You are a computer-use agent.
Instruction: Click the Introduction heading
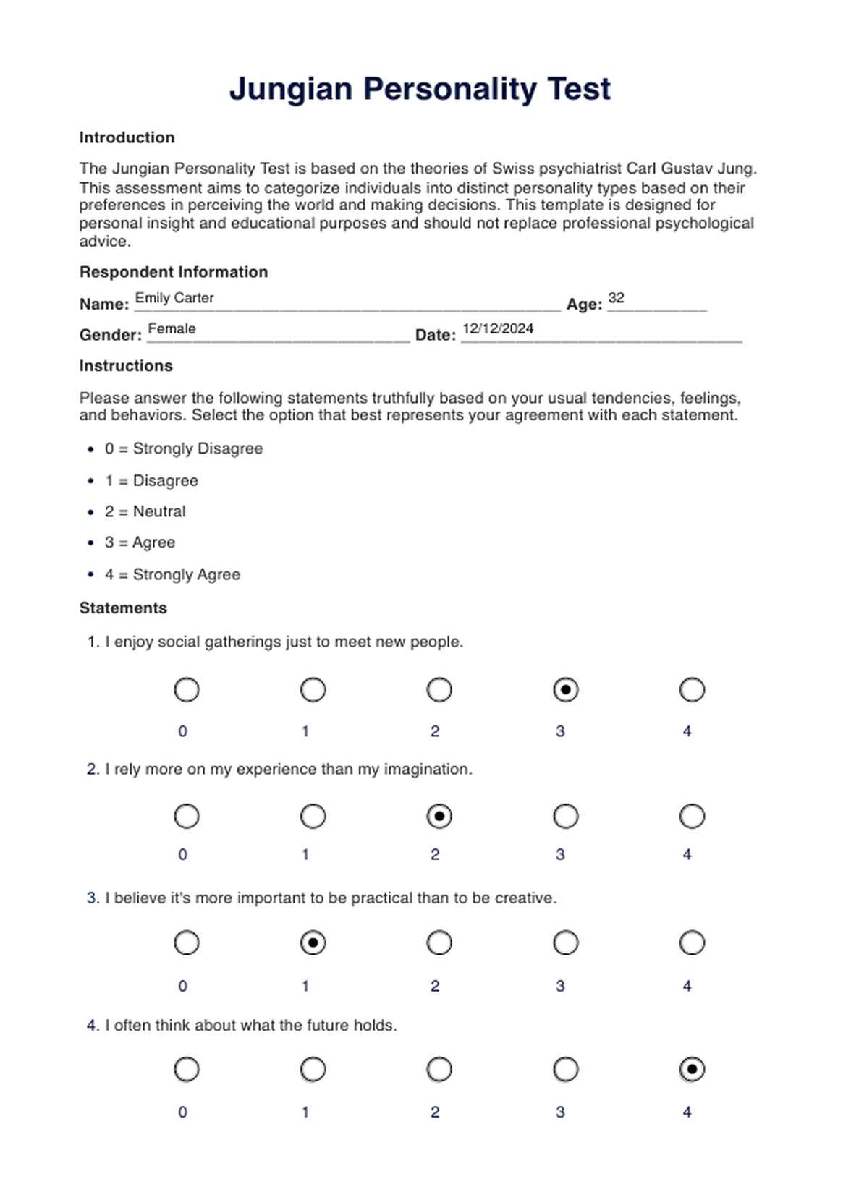(x=127, y=137)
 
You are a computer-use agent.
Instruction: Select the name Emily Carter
(x=174, y=298)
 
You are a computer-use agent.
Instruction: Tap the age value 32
(x=616, y=298)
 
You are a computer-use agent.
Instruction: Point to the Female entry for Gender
(x=172, y=328)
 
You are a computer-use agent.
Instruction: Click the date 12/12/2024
(x=498, y=328)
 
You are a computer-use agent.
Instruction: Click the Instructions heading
(x=126, y=366)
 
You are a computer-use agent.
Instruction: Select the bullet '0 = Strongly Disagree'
(x=183, y=448)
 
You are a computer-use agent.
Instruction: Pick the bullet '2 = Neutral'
(x=145, y=511)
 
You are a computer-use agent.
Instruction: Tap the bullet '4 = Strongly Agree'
(x=172, y=574)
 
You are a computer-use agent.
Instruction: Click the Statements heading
(x=123, y=608)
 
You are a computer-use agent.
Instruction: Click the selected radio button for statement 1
(x=565, y=690)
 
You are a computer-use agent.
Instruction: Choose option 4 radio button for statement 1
(x=692, y=690)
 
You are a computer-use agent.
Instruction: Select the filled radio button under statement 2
(x=439, y=817)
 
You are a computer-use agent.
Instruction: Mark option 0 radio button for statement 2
(x=187, y=817)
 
